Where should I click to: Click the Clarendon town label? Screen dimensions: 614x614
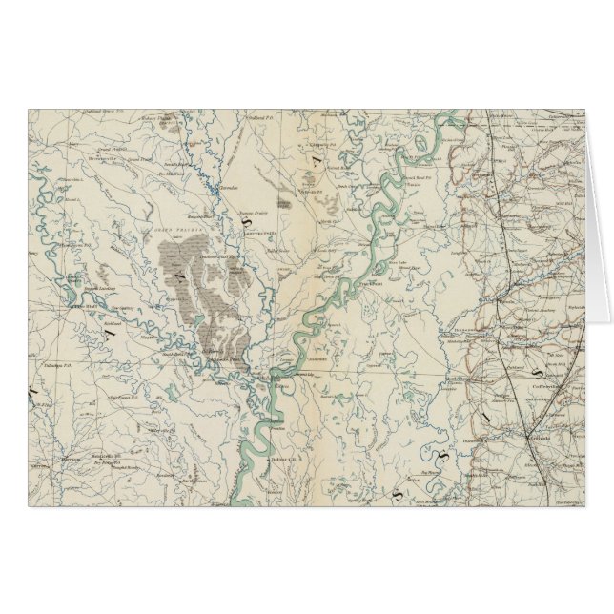pos(228,187)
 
